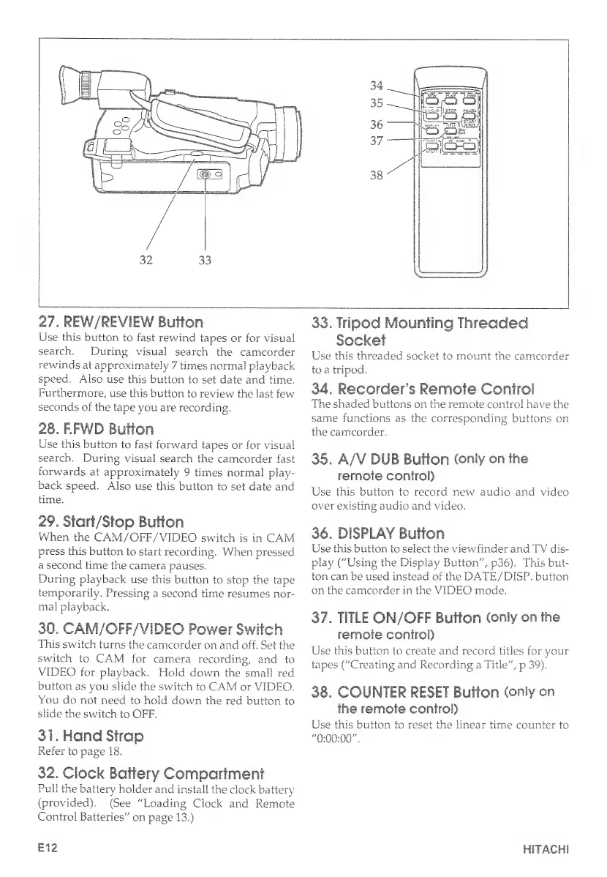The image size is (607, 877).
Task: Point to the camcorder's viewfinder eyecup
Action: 71,86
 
